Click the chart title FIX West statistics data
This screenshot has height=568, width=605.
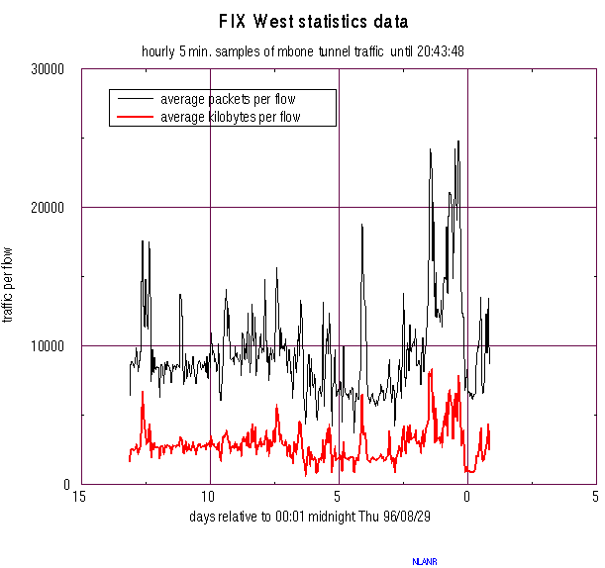(313, 22)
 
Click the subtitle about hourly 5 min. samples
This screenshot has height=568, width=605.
(303, 50)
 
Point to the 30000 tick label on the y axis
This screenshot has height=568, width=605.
(48, 69)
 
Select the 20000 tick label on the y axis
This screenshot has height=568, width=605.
(48, 207)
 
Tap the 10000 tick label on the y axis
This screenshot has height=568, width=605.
(48, 345)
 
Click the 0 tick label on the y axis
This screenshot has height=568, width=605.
(65, 484)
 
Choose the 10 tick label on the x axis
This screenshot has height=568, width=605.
(209, 497)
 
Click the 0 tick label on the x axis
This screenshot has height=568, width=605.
(466, 497)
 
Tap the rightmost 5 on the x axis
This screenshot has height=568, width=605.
(595, 497)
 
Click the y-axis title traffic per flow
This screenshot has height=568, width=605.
(11, 285)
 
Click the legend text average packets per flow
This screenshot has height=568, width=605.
(228, 99)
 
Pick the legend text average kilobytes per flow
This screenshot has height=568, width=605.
(230, 117)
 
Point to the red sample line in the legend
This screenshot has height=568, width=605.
(136, 117)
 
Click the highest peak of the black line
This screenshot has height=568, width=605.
(457, 142)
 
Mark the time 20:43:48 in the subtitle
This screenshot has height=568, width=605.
(441, 50)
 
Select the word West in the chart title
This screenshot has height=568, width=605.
(274, 22)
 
